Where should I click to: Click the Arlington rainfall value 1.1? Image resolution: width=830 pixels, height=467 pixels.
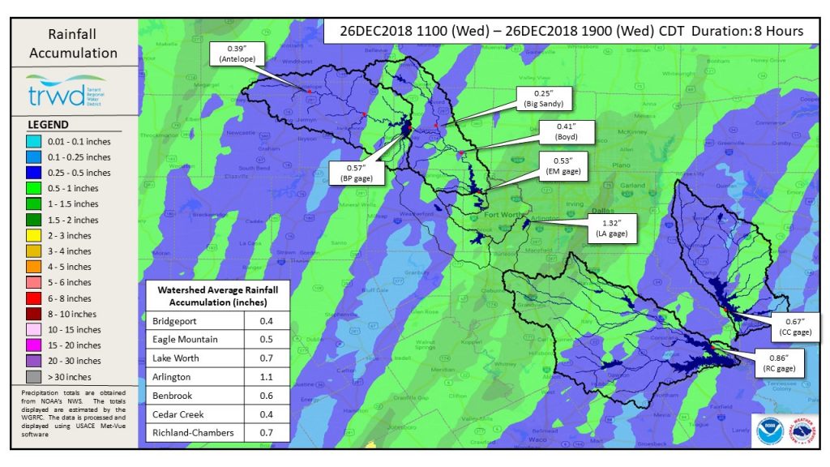(267, 377)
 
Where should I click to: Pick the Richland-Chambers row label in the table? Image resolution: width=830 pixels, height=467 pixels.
(195, 433)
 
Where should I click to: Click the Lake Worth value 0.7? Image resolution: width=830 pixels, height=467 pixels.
(267, 358)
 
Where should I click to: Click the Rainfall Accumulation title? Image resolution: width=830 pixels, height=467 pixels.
(73, 44)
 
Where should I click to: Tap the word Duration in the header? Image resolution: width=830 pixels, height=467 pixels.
(712, 32)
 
